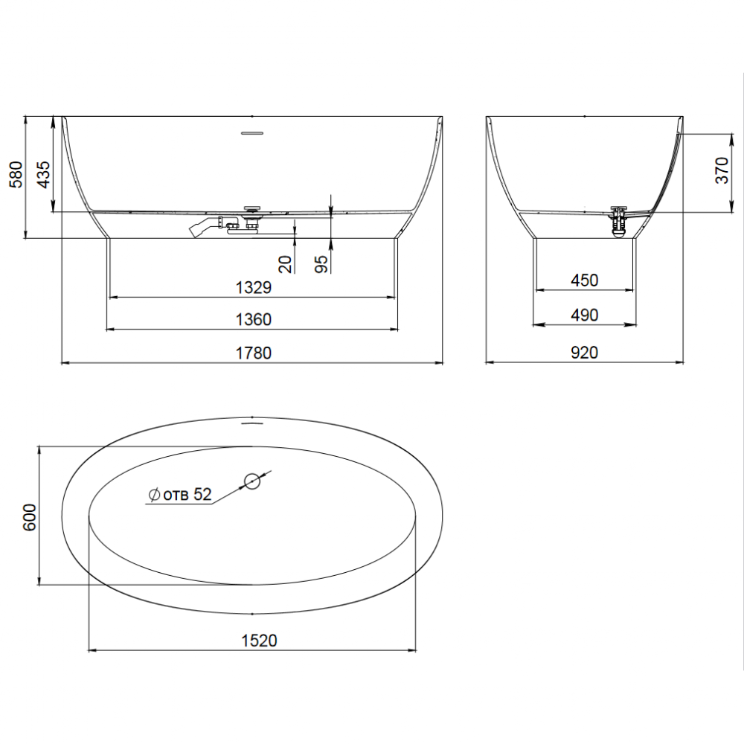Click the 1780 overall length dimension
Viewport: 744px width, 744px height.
254,353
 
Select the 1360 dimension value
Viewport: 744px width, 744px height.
254,320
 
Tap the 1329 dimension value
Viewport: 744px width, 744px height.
254,287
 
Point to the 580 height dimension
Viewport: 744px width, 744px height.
16,175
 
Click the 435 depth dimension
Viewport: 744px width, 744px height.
43,175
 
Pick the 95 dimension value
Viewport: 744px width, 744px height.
321,264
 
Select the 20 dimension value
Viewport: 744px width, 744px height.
285,264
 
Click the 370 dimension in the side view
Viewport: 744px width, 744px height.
722,171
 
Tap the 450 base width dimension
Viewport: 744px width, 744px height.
585,280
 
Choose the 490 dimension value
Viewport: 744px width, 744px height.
585,315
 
